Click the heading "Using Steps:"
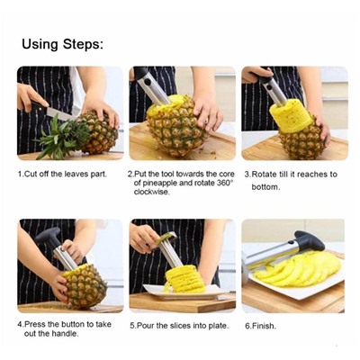pos(62,44)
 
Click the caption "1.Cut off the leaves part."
pos(62,174)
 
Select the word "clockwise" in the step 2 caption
pos(152,192)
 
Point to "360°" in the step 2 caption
pos(225,183)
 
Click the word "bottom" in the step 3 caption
pos(265,187)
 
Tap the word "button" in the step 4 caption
pos(73,324)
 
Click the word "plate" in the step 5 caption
pos(218,326)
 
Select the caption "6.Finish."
pos(260,326)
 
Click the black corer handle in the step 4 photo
pos(49,236)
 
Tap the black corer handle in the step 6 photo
pos(310,241)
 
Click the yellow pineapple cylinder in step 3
pos(287,116)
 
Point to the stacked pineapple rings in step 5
pos(184,279)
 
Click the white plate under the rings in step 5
pos(185,292)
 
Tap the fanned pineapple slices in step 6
pos(298,268)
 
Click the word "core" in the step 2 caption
pos(227,174)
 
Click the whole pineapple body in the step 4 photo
pos(85,287)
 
